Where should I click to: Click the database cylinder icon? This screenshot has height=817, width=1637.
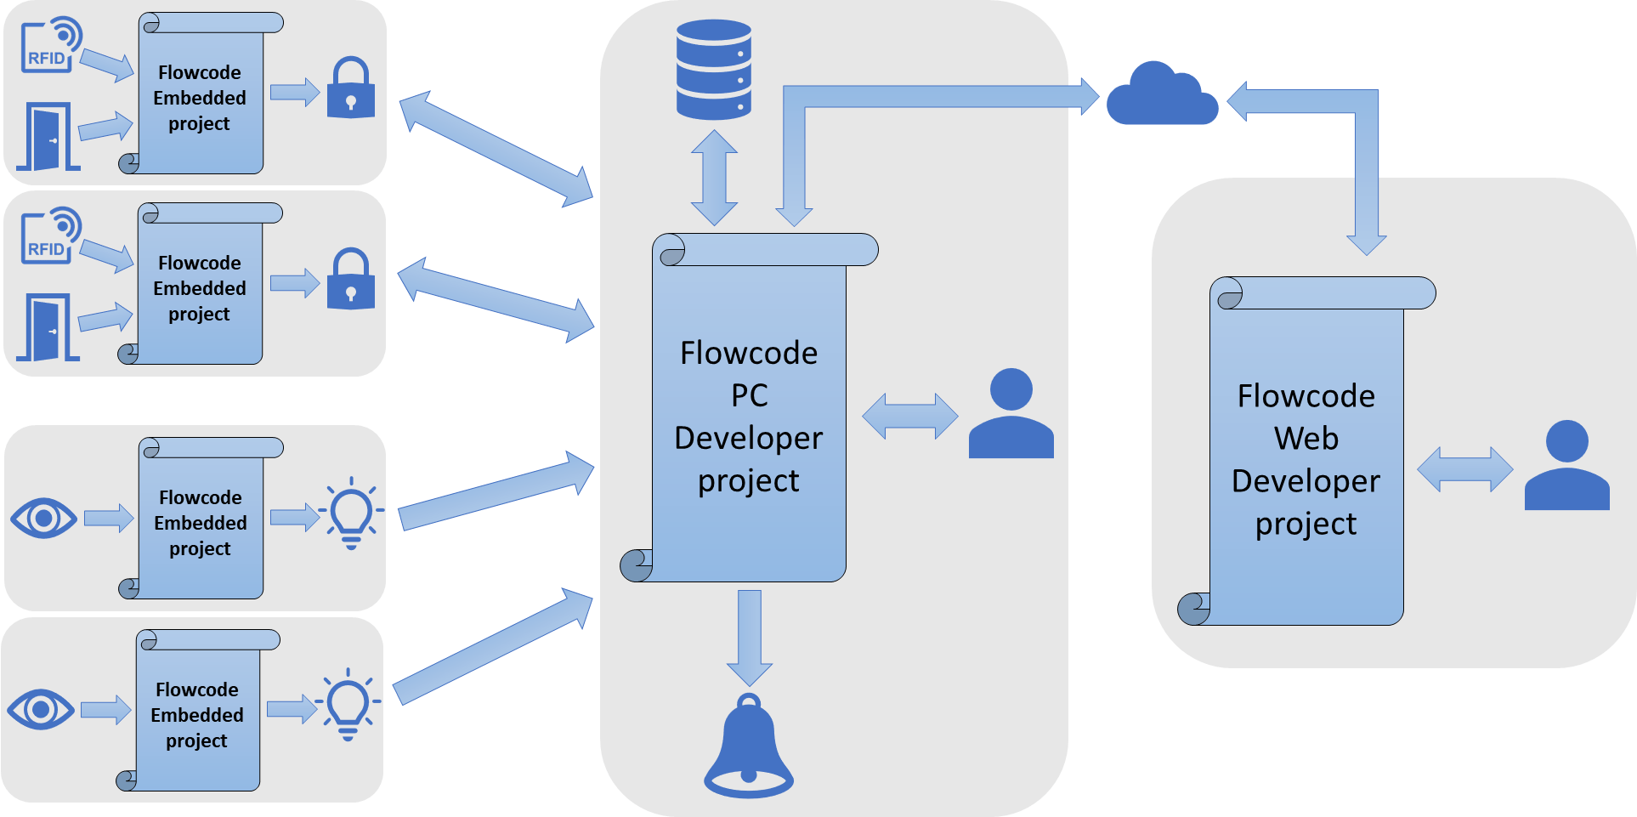(x=713, y=70)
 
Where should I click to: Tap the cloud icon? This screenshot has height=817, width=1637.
(x=1162, y=97)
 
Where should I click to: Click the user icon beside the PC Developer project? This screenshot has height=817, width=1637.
(x=1011, y=414)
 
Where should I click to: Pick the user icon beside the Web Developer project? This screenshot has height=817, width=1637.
(x=1566, y=466)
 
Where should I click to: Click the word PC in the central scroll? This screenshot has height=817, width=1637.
(x=749, y=395)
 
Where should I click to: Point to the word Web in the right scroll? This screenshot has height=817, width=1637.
(x=1306, y=439)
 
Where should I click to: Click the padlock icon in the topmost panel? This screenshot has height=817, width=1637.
(x=351, y=88)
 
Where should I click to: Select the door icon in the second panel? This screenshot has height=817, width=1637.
(x=48, y=327)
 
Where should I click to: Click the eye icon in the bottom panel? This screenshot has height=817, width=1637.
(x=41, y=709)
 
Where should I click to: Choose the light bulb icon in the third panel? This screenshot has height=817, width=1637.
(x=351, y=513)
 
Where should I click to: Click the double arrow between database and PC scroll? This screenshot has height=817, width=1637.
(x=714, y=178)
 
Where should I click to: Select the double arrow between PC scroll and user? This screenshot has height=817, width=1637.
(x=909, y=416)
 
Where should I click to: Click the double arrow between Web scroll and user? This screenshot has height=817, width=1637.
(x=1464, y=469)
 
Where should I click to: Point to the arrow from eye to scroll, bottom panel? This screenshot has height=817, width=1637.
(x=105, y=709)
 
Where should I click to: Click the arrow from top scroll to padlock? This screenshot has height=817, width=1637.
(x=294, y=92)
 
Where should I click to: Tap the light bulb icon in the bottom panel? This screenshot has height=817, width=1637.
(x=348, y=704)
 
